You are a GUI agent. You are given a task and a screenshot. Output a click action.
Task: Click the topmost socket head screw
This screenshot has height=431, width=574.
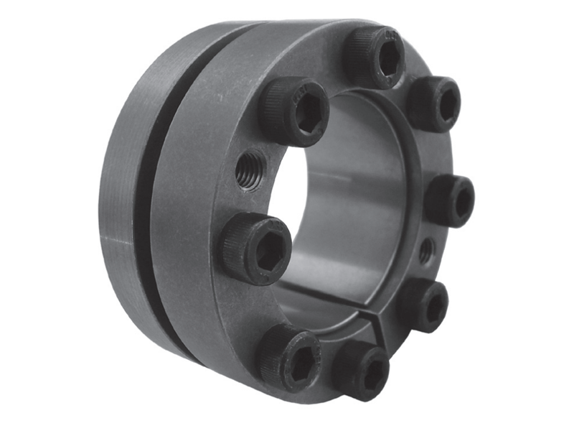point(376,56)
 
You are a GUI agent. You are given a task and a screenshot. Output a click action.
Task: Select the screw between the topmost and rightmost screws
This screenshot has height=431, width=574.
point(436,103)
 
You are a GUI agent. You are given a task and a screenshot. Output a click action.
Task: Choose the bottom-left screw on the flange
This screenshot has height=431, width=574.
point(291,357)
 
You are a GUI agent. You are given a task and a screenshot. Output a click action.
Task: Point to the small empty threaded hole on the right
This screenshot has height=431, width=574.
point(426,249)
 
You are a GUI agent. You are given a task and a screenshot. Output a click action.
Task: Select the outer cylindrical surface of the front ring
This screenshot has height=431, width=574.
point(187,215)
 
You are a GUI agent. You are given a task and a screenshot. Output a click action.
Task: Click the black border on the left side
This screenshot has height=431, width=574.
point(35,215)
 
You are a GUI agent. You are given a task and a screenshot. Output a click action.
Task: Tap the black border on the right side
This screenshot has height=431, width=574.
point(538,215)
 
